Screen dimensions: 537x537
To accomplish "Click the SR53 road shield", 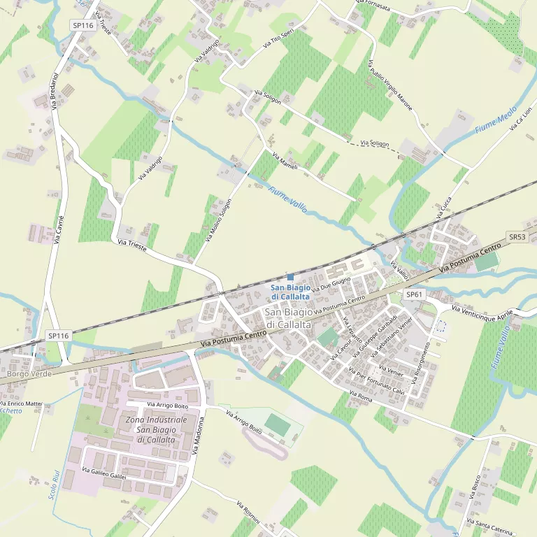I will point(517,237).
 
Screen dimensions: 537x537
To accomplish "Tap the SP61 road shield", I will point(415,294).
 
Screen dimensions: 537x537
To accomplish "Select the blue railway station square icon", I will point(290,277).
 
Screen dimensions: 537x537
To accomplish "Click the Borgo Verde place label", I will point(29,374).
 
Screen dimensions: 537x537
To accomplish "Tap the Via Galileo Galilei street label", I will point(104,473).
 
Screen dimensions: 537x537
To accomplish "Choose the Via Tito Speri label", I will point(278,38).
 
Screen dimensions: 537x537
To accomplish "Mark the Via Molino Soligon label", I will point(219,220).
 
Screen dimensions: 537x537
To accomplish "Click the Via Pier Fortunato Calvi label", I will point(377,380).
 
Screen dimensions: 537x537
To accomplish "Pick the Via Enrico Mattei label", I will point(22,403).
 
